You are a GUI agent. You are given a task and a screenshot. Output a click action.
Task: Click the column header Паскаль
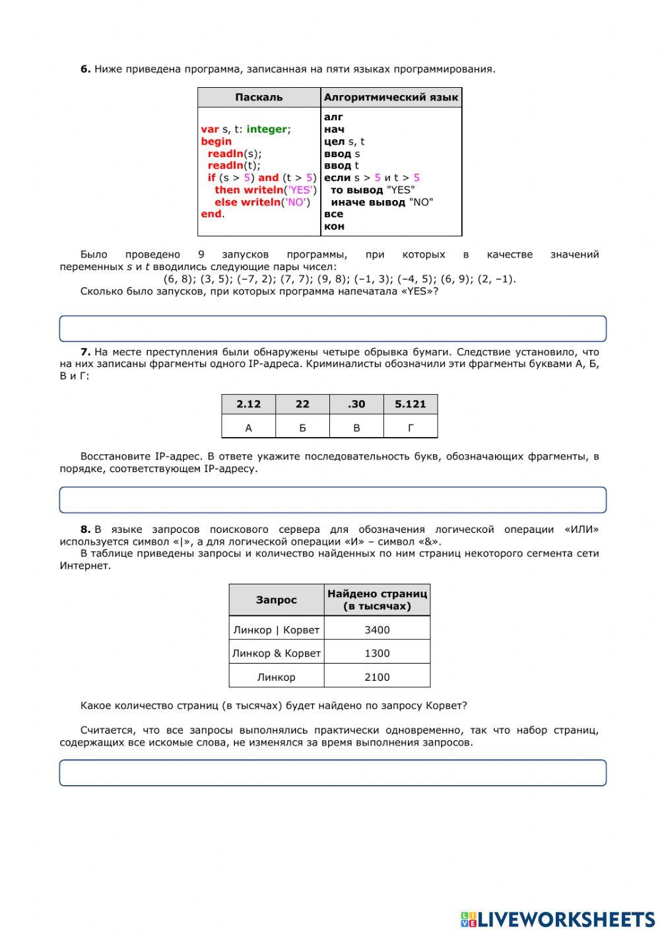(x=259, y=98)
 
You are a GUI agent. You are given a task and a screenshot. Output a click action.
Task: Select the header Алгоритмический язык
(x=391, y=98)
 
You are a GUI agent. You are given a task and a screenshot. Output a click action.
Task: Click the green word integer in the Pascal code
(x=267, y=129)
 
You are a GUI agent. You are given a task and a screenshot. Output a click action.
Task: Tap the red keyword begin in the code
(x=216, y=141)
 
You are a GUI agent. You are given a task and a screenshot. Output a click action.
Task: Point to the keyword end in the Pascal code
(x=211, y=214)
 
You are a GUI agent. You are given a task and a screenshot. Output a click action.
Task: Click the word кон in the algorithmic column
(x=334, y=226)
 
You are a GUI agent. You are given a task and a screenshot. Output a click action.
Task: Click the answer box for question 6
(x=333, y=329)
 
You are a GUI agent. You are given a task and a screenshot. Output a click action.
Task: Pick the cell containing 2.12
(x=248, y=404)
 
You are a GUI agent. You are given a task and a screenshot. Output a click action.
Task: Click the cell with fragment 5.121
(x=410, y=404)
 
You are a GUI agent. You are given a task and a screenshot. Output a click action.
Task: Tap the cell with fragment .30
(x=356, y=404)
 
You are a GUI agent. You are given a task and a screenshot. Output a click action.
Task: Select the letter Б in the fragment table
(x=302, y=428)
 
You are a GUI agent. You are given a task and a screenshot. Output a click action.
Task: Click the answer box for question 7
(x=333, y=500)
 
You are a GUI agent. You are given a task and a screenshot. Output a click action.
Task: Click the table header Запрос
(x=277, y=600)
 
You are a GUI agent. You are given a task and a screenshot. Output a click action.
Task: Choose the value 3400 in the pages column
(x=377, y=630)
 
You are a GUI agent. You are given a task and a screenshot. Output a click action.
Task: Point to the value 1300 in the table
(x=377, y=654)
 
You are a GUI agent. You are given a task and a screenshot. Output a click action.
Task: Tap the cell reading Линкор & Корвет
(x=277, y=654)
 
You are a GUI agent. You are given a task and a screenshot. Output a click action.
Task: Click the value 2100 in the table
(x=377, y=677)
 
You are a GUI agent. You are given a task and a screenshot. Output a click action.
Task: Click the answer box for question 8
(x=333, y=773)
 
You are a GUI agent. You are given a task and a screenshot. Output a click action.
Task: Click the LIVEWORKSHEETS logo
(x=558, y=919)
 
